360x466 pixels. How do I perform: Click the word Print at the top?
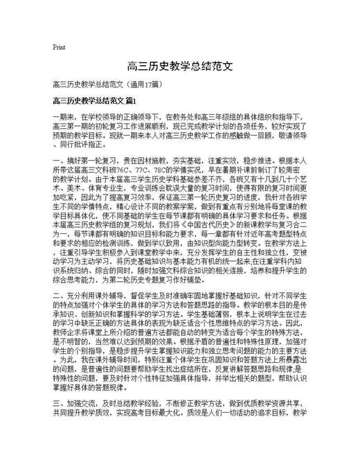point(59,47)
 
